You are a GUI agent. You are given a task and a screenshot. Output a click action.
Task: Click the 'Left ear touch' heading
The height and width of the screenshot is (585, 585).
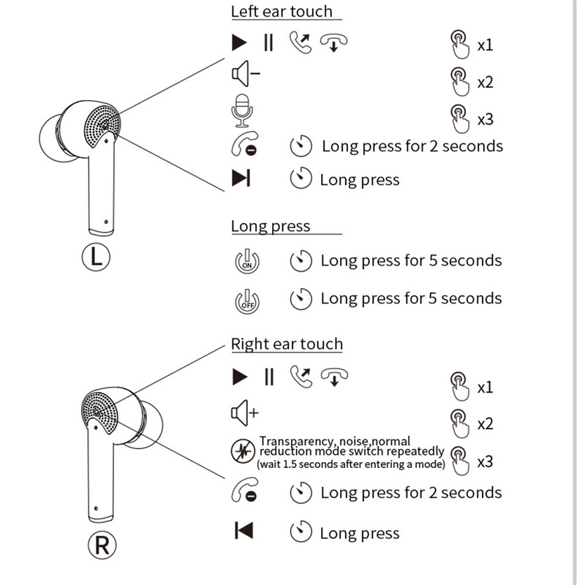click(x=282, y=12)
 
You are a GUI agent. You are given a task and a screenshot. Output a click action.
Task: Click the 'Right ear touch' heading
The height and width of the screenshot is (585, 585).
click(x=287, y=344)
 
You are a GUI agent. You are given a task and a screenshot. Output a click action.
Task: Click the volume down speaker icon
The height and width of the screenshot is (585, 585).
click(x=245, y=73)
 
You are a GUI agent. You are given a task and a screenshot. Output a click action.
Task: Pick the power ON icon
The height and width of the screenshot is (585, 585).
click(x=246, y=261)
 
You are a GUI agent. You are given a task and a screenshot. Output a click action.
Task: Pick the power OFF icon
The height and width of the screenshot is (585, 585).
click(x=246, y=300)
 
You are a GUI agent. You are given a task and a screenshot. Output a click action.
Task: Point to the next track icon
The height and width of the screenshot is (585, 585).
click(x=241, y=178)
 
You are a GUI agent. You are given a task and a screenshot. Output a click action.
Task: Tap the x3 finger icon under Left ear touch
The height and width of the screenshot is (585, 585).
click(x=458, y=116)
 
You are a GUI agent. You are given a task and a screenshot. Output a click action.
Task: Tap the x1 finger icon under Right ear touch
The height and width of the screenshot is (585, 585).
click(x=458, y=384)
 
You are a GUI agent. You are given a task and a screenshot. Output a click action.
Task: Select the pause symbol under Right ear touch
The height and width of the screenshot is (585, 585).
click(x=268, y=377)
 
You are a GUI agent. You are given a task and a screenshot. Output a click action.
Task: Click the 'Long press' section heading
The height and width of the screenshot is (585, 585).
click(x=271, y=226)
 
